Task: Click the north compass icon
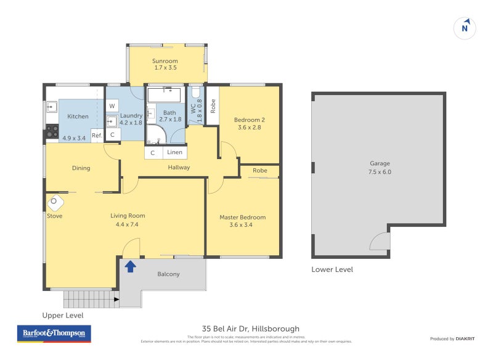coord(466,28)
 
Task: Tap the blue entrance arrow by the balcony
coord(130,266)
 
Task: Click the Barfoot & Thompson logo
coord(54,334)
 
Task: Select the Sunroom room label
coord(165,61)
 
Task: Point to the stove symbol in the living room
coord(54,202)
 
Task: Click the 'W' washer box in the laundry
coord(112,106)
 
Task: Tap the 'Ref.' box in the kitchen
coord(97,136)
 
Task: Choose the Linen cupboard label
coord(174,152)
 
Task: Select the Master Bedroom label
coord(243,217)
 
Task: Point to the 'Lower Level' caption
coord(332,269)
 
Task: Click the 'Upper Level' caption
coord(63,315)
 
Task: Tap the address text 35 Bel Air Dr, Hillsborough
coord(250,329)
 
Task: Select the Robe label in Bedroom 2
coord(212,105)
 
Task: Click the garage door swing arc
coord(380,242)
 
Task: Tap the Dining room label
coord(81,168)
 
